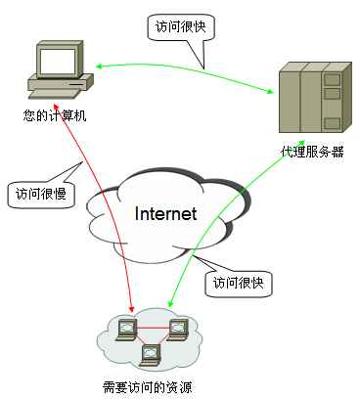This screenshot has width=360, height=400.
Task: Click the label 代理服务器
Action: (312, 152)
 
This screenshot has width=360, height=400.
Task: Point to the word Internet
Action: (165, 213)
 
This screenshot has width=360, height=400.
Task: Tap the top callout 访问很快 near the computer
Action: (183, 27)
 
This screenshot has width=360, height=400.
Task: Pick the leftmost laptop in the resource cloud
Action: (127, 327)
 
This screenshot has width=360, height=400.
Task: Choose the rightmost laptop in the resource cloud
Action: (177, 327)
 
